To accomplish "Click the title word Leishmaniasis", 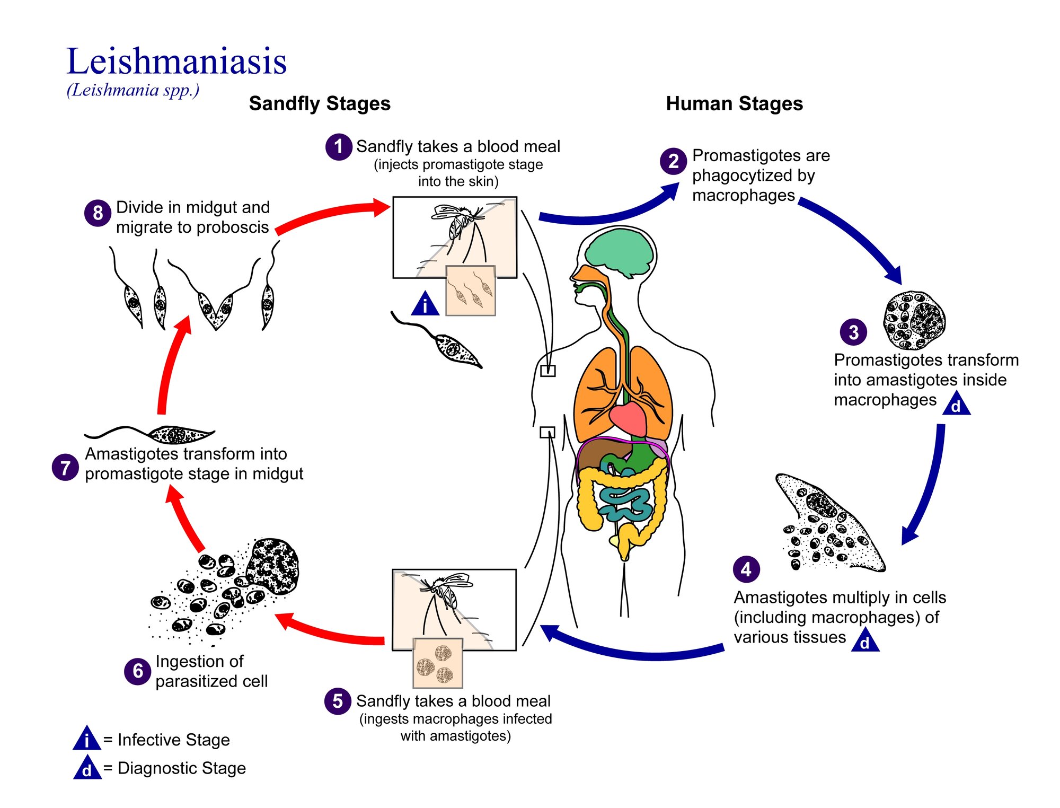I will (x=176, y=62).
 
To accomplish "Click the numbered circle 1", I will (x=338, y=147).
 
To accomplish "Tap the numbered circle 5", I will (x=337, y=701).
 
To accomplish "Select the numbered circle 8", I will (x=98, y=213).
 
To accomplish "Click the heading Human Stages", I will (x=734, y=104).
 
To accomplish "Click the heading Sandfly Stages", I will (x=320, y=104).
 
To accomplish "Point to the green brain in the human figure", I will (x=620, y=252).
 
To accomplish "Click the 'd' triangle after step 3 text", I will (x=956, y=405).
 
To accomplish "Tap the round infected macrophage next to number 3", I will (x=914, y=320).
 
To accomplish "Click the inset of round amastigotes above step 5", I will (x=438, y=663).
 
